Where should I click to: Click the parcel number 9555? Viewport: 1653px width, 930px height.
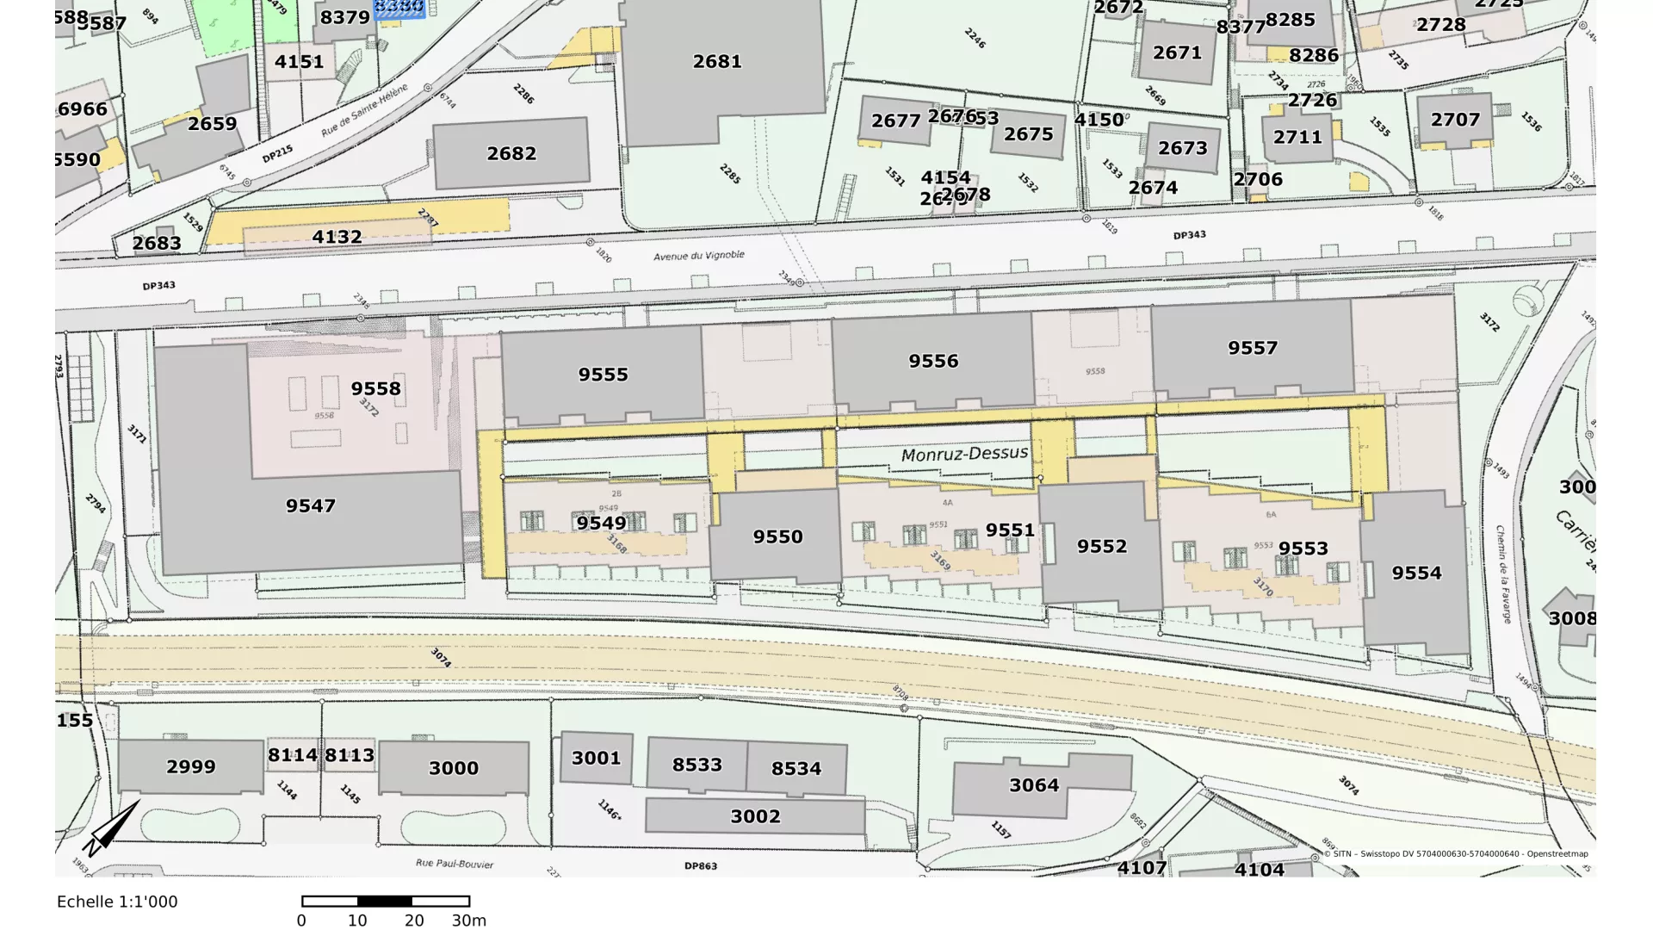coord(603,375)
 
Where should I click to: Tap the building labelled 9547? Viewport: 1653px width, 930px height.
coord(311,506)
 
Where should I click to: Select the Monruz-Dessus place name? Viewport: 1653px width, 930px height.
coord(964,454)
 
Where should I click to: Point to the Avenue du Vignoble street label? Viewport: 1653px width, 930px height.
coord(698,256)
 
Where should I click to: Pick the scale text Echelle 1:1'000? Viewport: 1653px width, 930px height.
coord(117,902)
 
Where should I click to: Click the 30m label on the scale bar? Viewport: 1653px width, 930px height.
coord(469,921)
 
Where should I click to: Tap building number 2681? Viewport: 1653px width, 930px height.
coord(717,62)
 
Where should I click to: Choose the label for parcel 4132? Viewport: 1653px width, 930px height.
coord(337,237)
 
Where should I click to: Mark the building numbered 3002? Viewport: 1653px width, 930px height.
coord(755,816)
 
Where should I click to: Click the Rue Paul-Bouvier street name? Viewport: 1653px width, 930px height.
coord(454,863)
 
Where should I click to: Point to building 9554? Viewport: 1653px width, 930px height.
coord(1416,573)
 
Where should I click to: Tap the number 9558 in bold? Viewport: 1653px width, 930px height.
coord(375,389)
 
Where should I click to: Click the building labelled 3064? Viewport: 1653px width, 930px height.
coord(1034,785)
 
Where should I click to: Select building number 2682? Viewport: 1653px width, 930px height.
coord(511,154)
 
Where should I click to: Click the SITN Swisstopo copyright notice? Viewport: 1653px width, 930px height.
coord(1456,854)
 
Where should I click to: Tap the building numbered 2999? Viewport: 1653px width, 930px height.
coord(191,767)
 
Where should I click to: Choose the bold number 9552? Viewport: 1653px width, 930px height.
coord(1101,547)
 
